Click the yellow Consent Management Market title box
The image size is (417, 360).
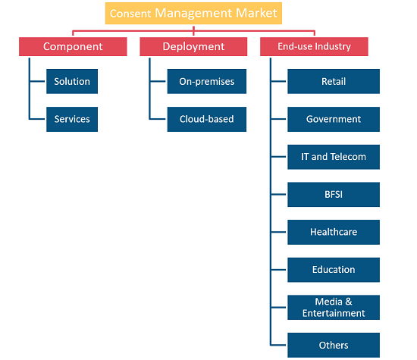(193, 14)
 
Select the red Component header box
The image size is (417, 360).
(73, 46)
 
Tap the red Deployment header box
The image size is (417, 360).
(193, 46)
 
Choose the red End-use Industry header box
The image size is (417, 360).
(314, 46)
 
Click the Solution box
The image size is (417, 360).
(72, 81)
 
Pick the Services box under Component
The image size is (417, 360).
(72, 119)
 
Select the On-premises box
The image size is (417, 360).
(207, 81)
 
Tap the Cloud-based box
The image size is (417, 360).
(207, 119)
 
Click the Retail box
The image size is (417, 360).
(334, 81)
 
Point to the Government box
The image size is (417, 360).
(334, 119)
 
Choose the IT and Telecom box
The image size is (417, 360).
(334, 157)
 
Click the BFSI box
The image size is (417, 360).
(334, 194)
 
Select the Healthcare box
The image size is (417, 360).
(334, 232)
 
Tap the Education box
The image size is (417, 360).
(334, 270)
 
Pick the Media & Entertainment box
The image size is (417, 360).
(334, 308)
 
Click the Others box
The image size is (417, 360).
(334, 345)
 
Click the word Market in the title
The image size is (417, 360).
(256, 13)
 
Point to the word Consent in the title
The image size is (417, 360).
(130, 14)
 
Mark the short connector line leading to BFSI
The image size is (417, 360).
(279, 194)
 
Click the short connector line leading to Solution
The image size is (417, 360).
(37, 81)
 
